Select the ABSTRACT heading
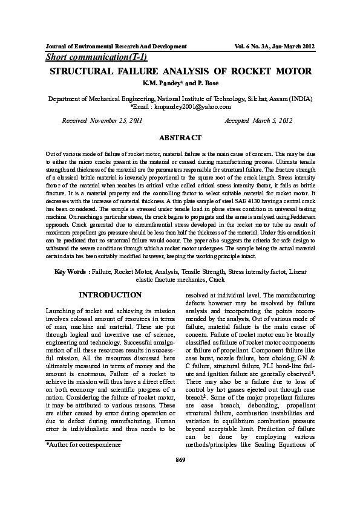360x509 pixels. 180,138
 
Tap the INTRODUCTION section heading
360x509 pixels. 111,295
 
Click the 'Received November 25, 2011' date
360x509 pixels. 102,120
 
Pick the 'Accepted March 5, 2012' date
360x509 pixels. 258,120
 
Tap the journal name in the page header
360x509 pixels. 116,46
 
